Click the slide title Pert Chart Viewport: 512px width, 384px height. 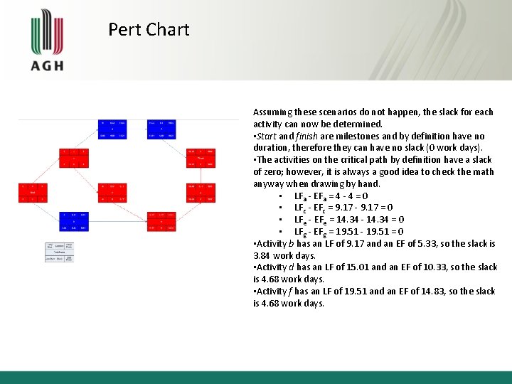(x=149, y=30)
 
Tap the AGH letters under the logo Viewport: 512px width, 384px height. (x=47, y=65)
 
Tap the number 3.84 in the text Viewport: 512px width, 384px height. (x=262, y=255)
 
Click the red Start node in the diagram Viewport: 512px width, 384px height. (x=33, y=192)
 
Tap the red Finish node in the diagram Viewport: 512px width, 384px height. (x=201, y=157)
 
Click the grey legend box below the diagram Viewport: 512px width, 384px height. (x=59, y=252)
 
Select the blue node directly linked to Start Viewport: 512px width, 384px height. (x=74, y=220)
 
